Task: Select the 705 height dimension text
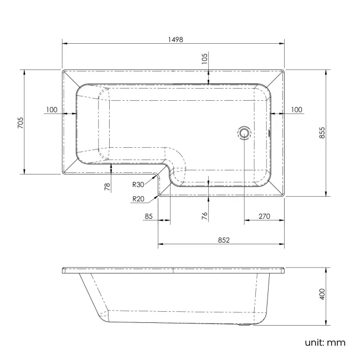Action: pos(20,121)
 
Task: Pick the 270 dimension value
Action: pos(264,216)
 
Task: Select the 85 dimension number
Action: pos(148,216)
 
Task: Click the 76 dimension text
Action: pos(204,215)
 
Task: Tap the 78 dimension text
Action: pos(107,187)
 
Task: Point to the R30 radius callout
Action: pos(138,184)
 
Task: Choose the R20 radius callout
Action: pos(138,199)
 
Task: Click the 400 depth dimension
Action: pos(322,295)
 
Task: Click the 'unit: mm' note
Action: pos(325,342)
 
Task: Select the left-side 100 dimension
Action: pos(52,109)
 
